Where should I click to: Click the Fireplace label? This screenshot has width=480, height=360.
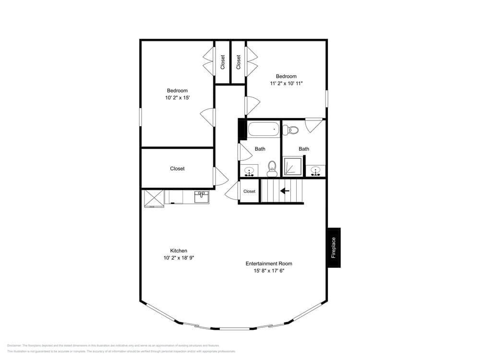(x=334, y=248)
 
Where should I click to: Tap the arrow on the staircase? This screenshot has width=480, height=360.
(x=285, y=191)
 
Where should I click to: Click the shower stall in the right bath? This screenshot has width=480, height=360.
(x=292, y=167)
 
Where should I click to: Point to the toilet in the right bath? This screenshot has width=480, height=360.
(x=291, y=130)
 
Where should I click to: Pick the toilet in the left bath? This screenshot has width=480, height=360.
(x=272, y=168)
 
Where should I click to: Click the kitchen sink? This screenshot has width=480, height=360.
(x=202, y=196)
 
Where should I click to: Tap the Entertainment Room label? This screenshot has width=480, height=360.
(x=269, y=264)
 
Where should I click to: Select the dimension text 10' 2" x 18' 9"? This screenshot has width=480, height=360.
(x=179, y=258)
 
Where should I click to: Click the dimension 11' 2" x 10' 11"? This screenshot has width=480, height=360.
(x=286, y=84)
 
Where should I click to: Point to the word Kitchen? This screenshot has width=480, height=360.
(x=179, y=251)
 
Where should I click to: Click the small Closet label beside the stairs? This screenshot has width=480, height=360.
(x=249, y=191)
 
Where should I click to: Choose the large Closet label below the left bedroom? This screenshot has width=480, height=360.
(x=177, y=168)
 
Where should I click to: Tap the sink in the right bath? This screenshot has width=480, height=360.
(x=315, y=170)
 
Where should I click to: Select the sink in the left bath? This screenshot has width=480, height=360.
(x=249, y=170)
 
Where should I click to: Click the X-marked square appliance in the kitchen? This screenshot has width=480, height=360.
(x=154, y=198)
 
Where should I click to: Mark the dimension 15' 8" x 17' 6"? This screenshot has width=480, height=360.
(x=269, y=271)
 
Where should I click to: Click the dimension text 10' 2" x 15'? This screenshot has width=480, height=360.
(x=177, y=98)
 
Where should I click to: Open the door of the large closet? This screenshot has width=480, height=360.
(x=220, y=177)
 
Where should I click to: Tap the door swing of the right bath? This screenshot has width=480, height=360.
(x=313, y=125)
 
